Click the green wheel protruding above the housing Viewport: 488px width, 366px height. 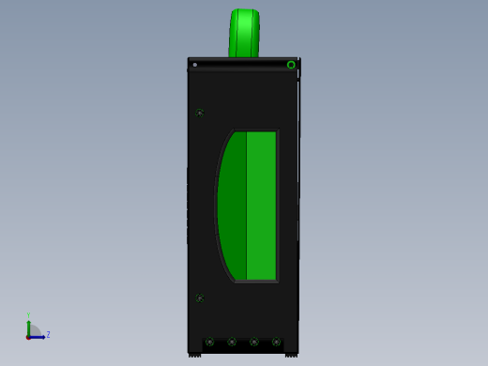pyautogui.click(x=244, y=34)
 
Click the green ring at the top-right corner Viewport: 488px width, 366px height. pyautogui.click(x=291, y=65)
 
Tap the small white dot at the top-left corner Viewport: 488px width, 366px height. pyautogui.click(x=194, y=65)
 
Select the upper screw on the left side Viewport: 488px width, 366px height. pyautogui.click(x=200, y=113)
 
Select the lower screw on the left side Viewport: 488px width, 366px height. pyautogui.click(x=200, y=297)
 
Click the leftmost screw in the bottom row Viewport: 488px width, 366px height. pyautogui.click(x=209, y=342)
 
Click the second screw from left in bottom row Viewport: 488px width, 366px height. pyautogui.click(x=232, y=342)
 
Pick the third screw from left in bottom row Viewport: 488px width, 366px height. pyautogui.click(x=254, y=342)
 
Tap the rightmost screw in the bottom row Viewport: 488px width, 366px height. pyautogui.click(x=276, y=342)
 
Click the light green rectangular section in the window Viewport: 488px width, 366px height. pyautogui.click(x=261, y=206)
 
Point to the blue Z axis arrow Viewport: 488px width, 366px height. pyautogui.click(x=38, y=336)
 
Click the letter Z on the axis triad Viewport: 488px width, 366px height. pyautogui.click(x=48, y=334)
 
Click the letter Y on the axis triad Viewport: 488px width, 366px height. pyautogui.click(x=28, y=315)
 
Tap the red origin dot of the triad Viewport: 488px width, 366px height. pyautogui.click(x=28, y=336)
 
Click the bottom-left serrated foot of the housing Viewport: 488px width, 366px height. pyautogui.click(x=195, y=354)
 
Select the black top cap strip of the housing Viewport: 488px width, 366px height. pyautogui.click(x=243, y=59)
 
